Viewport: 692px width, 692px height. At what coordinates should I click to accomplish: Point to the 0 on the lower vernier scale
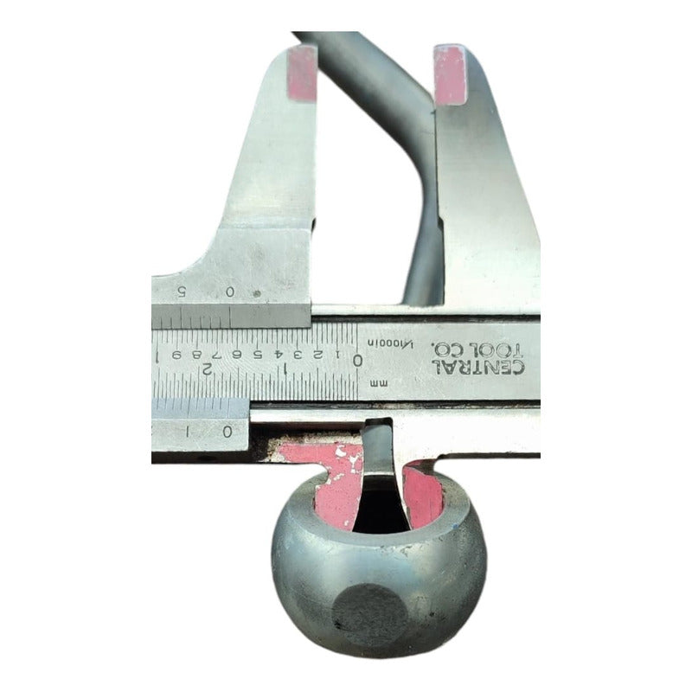click(227, 430)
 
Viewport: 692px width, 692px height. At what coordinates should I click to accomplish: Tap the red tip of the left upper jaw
click(301, 74)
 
